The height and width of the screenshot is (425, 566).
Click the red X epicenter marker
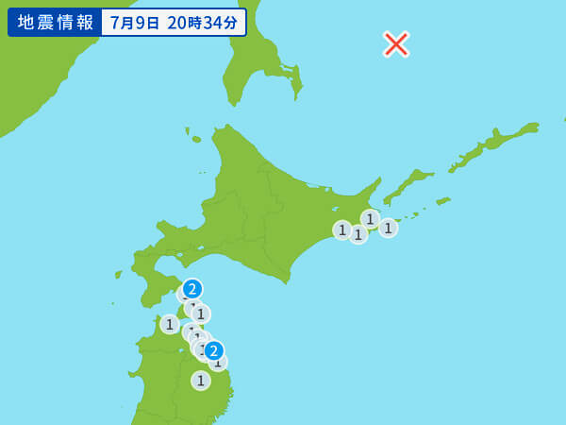click(x=396, y=43)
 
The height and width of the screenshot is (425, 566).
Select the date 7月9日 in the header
click(x=135, y=23)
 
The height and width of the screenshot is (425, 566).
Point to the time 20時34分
click(x=203, y=23)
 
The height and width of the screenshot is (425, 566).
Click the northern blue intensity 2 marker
click(x=192, y=289)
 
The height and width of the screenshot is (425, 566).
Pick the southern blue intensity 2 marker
click(x=214, y=350)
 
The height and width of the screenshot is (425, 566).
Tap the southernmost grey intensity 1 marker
click(x=200, y=380)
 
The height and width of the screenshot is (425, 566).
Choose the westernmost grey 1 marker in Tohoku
click(x=170, y=324)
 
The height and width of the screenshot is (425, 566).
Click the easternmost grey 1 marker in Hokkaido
click(x=388, y=228)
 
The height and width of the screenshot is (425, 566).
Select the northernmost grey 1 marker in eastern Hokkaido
click(x=370, y=219)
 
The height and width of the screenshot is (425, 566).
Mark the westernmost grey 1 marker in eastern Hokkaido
click(x=342, y=229)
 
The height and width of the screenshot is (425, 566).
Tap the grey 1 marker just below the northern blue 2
click(x=201, y=314)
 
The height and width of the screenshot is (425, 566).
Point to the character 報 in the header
click(x=86, y=23)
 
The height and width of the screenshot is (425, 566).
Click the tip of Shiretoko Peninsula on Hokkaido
click(x=379, y=178)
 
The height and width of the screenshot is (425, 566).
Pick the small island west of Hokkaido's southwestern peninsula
click(x=119, y=274)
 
